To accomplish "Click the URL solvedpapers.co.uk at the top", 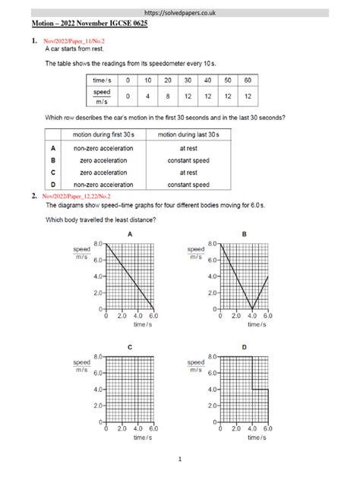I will click(x=180, y=14).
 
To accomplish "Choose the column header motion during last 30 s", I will click(x=189, y=134).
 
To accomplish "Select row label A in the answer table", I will click(x=48, y=148).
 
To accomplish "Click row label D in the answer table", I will click(x=48, y=185).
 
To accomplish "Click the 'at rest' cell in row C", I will click(x=189, y=172).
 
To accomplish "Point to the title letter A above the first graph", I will click(x=130, y=235).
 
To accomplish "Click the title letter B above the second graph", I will click(x=243, y=235).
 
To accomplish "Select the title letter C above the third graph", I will click(x=130, y=347).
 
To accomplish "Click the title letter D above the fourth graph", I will click(x=243, y=347).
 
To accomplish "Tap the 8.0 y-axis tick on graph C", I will click(x=97, y=356).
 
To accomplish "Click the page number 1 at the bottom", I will click(x=179, y=459).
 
